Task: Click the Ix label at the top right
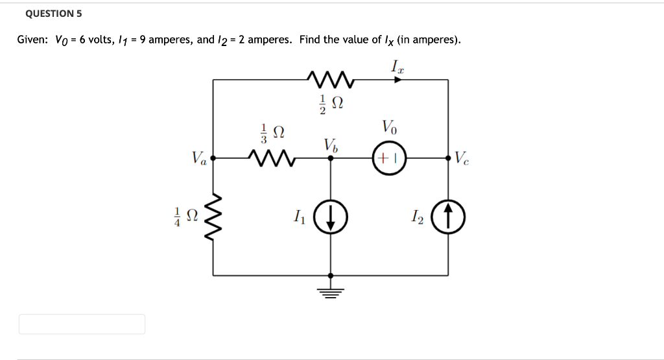coord(397,65)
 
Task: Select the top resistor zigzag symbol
coord(331,80)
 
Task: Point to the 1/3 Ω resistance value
coord(272,132)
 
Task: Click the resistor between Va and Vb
coord(272,157)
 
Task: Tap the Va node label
coord(199,158)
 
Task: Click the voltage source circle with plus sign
coord(389,158)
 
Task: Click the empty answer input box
coord(82,324)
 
